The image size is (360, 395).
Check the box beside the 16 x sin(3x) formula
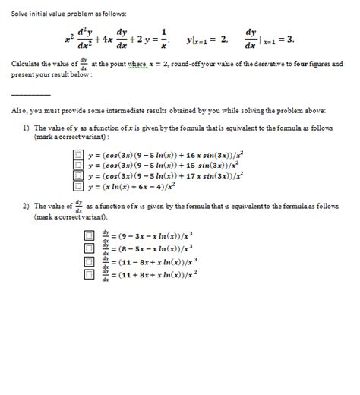pos(77,155)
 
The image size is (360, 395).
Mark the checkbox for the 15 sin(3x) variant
pos(77,165)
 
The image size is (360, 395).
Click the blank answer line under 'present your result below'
pos(31,94)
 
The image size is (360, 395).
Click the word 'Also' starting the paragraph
pos(19,111)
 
